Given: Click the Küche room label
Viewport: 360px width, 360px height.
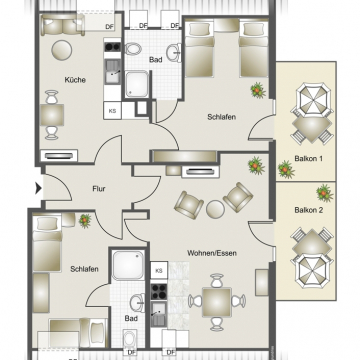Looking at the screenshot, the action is tap(75, 80).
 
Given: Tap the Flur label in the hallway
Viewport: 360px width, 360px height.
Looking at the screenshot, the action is tap(99, 189).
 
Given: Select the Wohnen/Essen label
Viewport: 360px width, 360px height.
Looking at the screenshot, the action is tap(212, 253).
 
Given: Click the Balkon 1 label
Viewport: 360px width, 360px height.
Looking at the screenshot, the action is tap(308, 159).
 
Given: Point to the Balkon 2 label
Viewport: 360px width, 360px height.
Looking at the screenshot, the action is tap(309, 210).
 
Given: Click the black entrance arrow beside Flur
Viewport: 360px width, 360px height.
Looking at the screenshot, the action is tap(38, 189).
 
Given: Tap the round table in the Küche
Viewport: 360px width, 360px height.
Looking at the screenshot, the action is tap(62, 50).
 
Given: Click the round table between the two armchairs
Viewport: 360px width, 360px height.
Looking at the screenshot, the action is tap(215, 209).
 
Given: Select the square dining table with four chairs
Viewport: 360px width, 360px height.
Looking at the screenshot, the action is tap(217, 302).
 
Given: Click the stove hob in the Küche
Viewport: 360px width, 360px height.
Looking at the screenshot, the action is tap(112, 46).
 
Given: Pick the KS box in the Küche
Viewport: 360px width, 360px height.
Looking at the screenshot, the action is tap(112, 111).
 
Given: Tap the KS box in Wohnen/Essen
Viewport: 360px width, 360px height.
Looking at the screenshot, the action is tap(159, 270).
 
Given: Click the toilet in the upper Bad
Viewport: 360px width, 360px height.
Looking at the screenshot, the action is tap(133, 49).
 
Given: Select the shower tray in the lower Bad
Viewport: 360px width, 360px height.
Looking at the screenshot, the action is tap(128, 265).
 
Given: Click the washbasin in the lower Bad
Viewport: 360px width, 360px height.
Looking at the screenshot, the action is tap(138, 303).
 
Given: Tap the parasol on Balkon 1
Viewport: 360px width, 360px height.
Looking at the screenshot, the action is tap(311, 100).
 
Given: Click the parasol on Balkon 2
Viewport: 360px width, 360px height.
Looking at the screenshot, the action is tap(311, 271).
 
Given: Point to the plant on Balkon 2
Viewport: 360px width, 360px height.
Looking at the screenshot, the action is tap(325, 193).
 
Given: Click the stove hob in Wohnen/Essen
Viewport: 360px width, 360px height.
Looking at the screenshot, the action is tap(159, 292).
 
